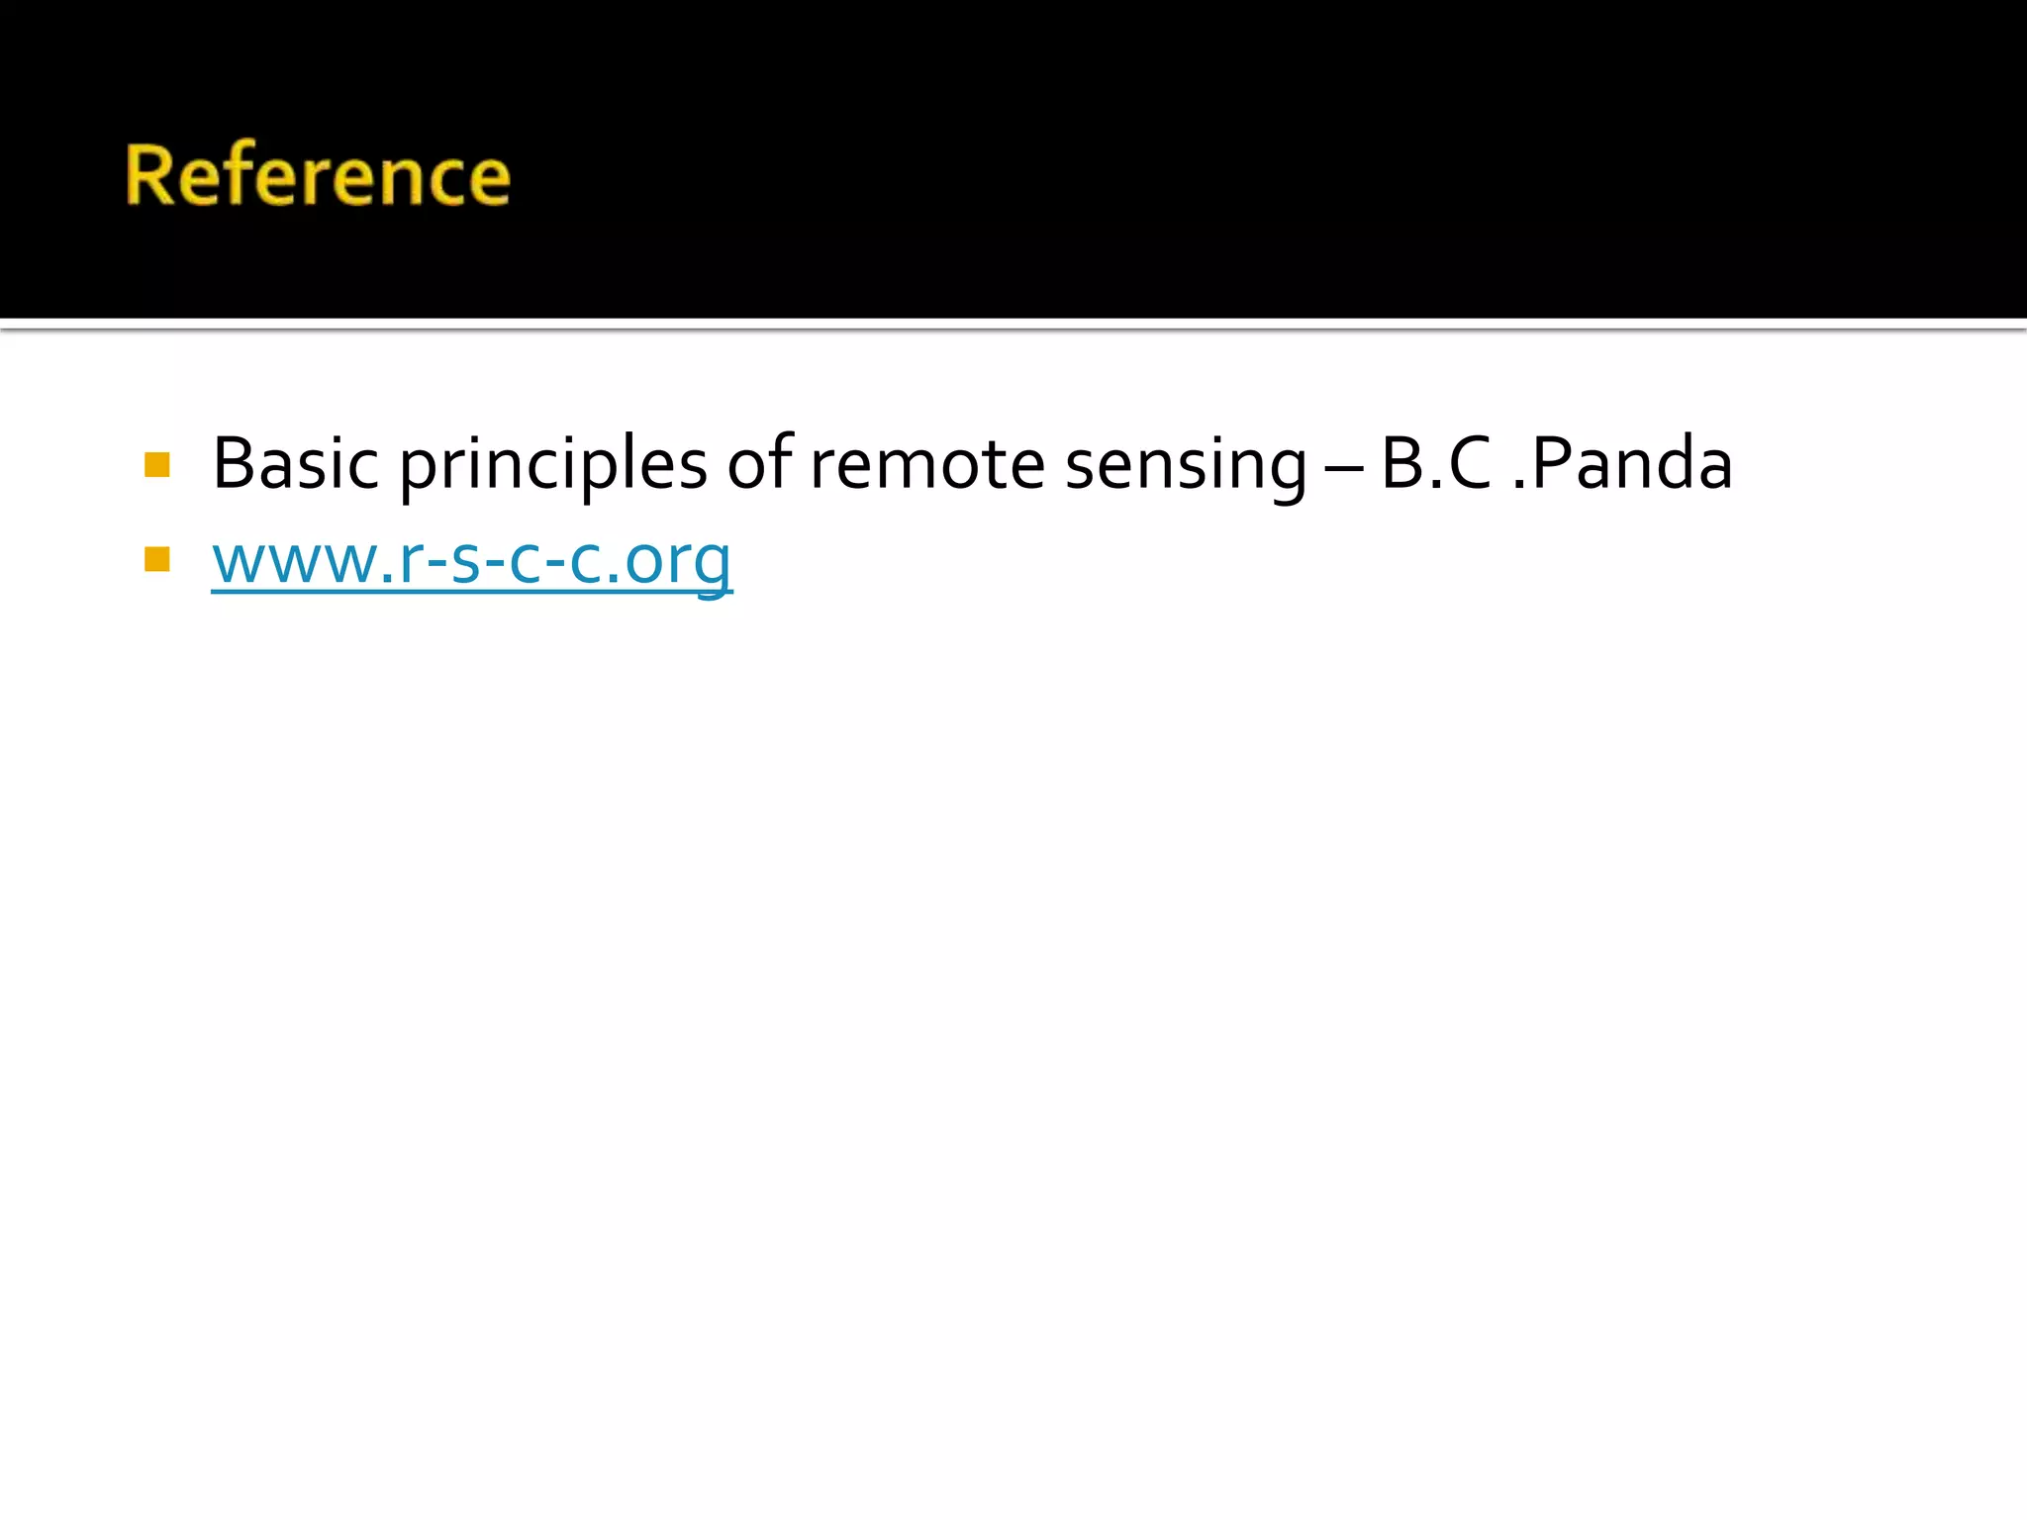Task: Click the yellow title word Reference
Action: pyautogui.click(x=318, y=175)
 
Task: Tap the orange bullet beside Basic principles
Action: pyautogui.click(x=157, y=464)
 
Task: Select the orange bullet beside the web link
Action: pyautogui.click(x=157, y=560)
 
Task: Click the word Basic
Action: pyautogui.click(x=295, y=463)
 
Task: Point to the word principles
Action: pyautogui.click(x=553, y=465)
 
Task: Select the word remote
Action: pyautogui.click(x=927, y=464)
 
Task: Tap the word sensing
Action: pyautogui.click(x=1186, y=465)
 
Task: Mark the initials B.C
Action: pyautogui.click(x=1435, y=463)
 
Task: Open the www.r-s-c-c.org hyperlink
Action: pyautogui.click(x=472, y=560)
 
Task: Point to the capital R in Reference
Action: pyautogui.click(x=150, y=175)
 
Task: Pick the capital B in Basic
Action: pyautogui.click(x=232, y=463)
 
